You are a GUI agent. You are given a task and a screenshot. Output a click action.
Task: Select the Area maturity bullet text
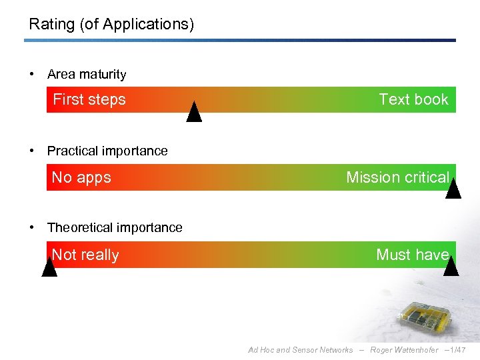[87, 75]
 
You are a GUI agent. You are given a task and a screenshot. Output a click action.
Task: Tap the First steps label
[89, 99]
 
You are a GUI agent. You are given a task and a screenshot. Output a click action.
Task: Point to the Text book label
[413, 99]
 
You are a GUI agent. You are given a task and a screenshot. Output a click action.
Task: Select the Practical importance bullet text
[107, 151]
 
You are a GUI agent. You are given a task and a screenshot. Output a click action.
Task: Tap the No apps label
[81, 177]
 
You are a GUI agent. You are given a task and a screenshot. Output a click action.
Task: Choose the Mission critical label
[397, 177]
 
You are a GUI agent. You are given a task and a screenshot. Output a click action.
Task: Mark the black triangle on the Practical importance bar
[453, 191]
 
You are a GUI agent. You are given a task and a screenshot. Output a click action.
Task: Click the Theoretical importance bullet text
[115, 228]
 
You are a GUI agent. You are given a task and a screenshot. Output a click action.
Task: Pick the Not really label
[85, 255]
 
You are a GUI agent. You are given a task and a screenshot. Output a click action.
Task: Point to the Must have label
[412, 255]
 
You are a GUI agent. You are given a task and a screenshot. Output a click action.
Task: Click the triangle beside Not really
[49, 268]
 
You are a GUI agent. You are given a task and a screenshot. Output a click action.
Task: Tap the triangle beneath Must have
[451, 267]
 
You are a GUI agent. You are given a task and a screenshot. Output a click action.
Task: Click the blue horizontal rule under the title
[240, 41]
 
